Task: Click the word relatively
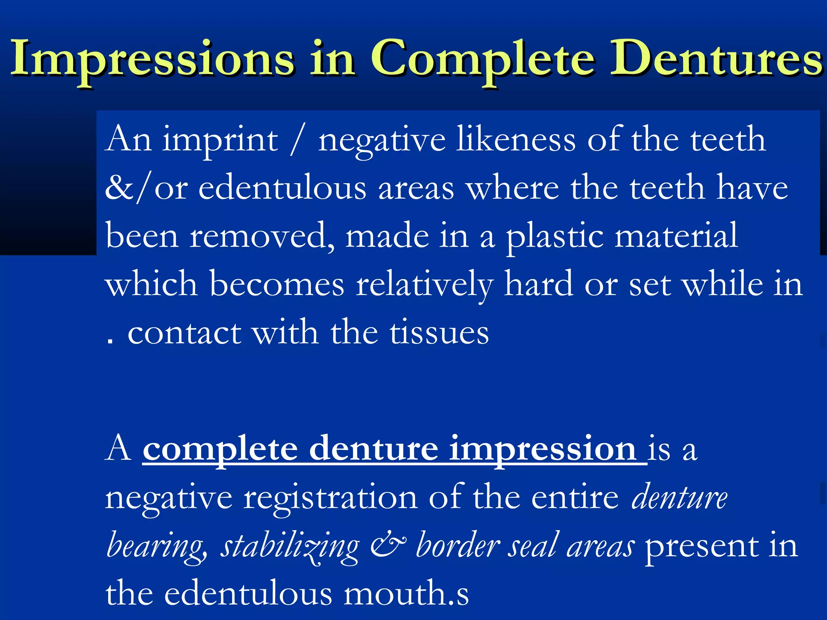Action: pyautogui.click(x=424, y=285)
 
